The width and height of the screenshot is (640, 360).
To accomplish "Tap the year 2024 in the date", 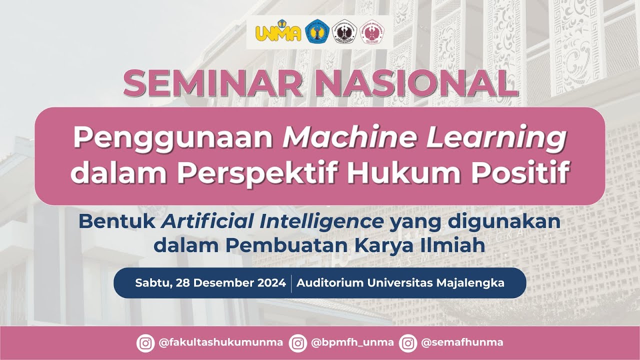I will [x=271, y=283].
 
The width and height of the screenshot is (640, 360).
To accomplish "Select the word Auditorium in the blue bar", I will [x=330, y=283].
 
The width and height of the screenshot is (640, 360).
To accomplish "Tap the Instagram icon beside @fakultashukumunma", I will [x=146, y=343].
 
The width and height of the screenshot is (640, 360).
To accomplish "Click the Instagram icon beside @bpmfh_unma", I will [x=298, y=343].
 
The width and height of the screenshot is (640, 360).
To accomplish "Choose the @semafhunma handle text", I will [x=462, y=343].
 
